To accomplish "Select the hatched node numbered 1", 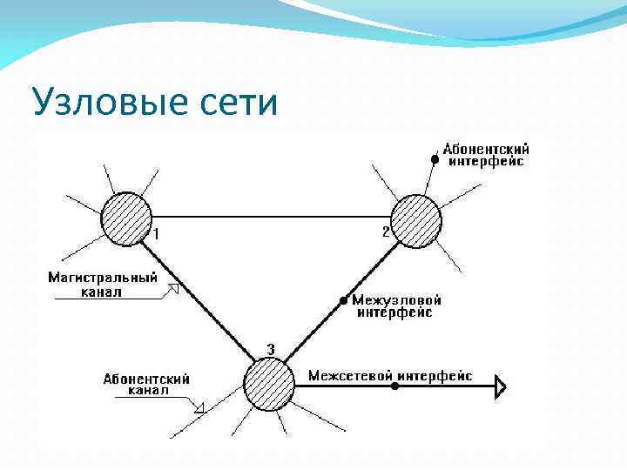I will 127,218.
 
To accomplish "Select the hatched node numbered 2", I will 415,220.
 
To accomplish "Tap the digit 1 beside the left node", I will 157,233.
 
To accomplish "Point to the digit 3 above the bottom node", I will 271,350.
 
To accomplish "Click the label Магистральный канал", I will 102,285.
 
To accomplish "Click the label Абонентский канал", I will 145,385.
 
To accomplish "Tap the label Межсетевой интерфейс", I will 390,376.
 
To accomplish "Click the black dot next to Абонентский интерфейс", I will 435,159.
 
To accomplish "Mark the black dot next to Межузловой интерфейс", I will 344,301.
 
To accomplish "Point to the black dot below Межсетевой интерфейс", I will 395,385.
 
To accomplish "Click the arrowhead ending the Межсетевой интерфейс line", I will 501,385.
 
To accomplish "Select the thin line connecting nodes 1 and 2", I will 270,217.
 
